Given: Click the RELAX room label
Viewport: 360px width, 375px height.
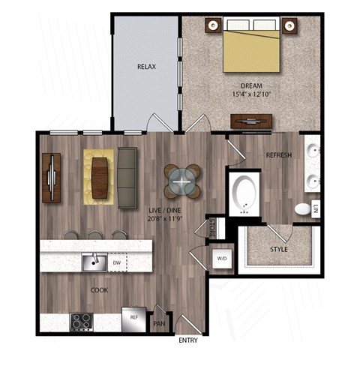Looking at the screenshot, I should pyautogui.click(x=145, y=67).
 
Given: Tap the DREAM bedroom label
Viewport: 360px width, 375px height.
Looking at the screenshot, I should pyautogui.click(x=256, y=85).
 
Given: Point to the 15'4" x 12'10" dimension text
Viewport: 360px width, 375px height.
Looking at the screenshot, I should pyautogui.click(x=256, y=95).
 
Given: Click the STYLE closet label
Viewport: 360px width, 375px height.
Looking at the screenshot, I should pyautogui.click(x=278, y=248).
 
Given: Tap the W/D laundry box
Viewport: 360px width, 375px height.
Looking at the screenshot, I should pyautogui.click(x=223, y=259).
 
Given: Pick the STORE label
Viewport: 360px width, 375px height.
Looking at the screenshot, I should pyautogui.click(x=212, y=227).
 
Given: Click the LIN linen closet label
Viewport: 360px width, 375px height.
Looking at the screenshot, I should pyautogui.click(x=316, y=208).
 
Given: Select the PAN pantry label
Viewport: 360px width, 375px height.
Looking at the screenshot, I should pyautogui.click(x=159, y=324).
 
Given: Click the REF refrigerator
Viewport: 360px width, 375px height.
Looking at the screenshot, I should pyautogui.click(x=134, y=318).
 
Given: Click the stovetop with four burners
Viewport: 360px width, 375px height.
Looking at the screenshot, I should pyautogui.click(x=82, y=322).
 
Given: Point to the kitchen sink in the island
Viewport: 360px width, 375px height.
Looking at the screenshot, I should pyautogui.click(x=94, y=262).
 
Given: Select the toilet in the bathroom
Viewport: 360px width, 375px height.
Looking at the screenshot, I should pyautogui.click(x=302, y=208).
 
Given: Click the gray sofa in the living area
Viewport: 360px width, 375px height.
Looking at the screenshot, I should pyautogui.click(x=128, y=177).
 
